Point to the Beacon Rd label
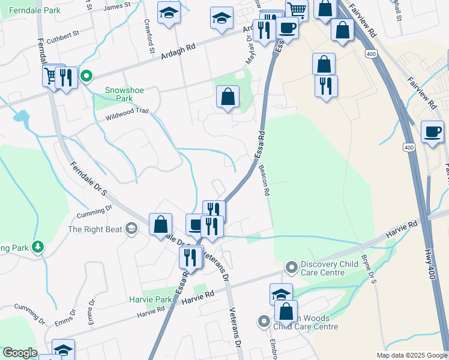(264, 180)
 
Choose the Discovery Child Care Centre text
(323, 268)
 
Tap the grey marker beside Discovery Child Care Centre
(292, 265)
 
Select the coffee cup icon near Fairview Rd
(432, 132)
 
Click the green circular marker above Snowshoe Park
(86, 76)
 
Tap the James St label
(117, 5)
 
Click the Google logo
(19, 353)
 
